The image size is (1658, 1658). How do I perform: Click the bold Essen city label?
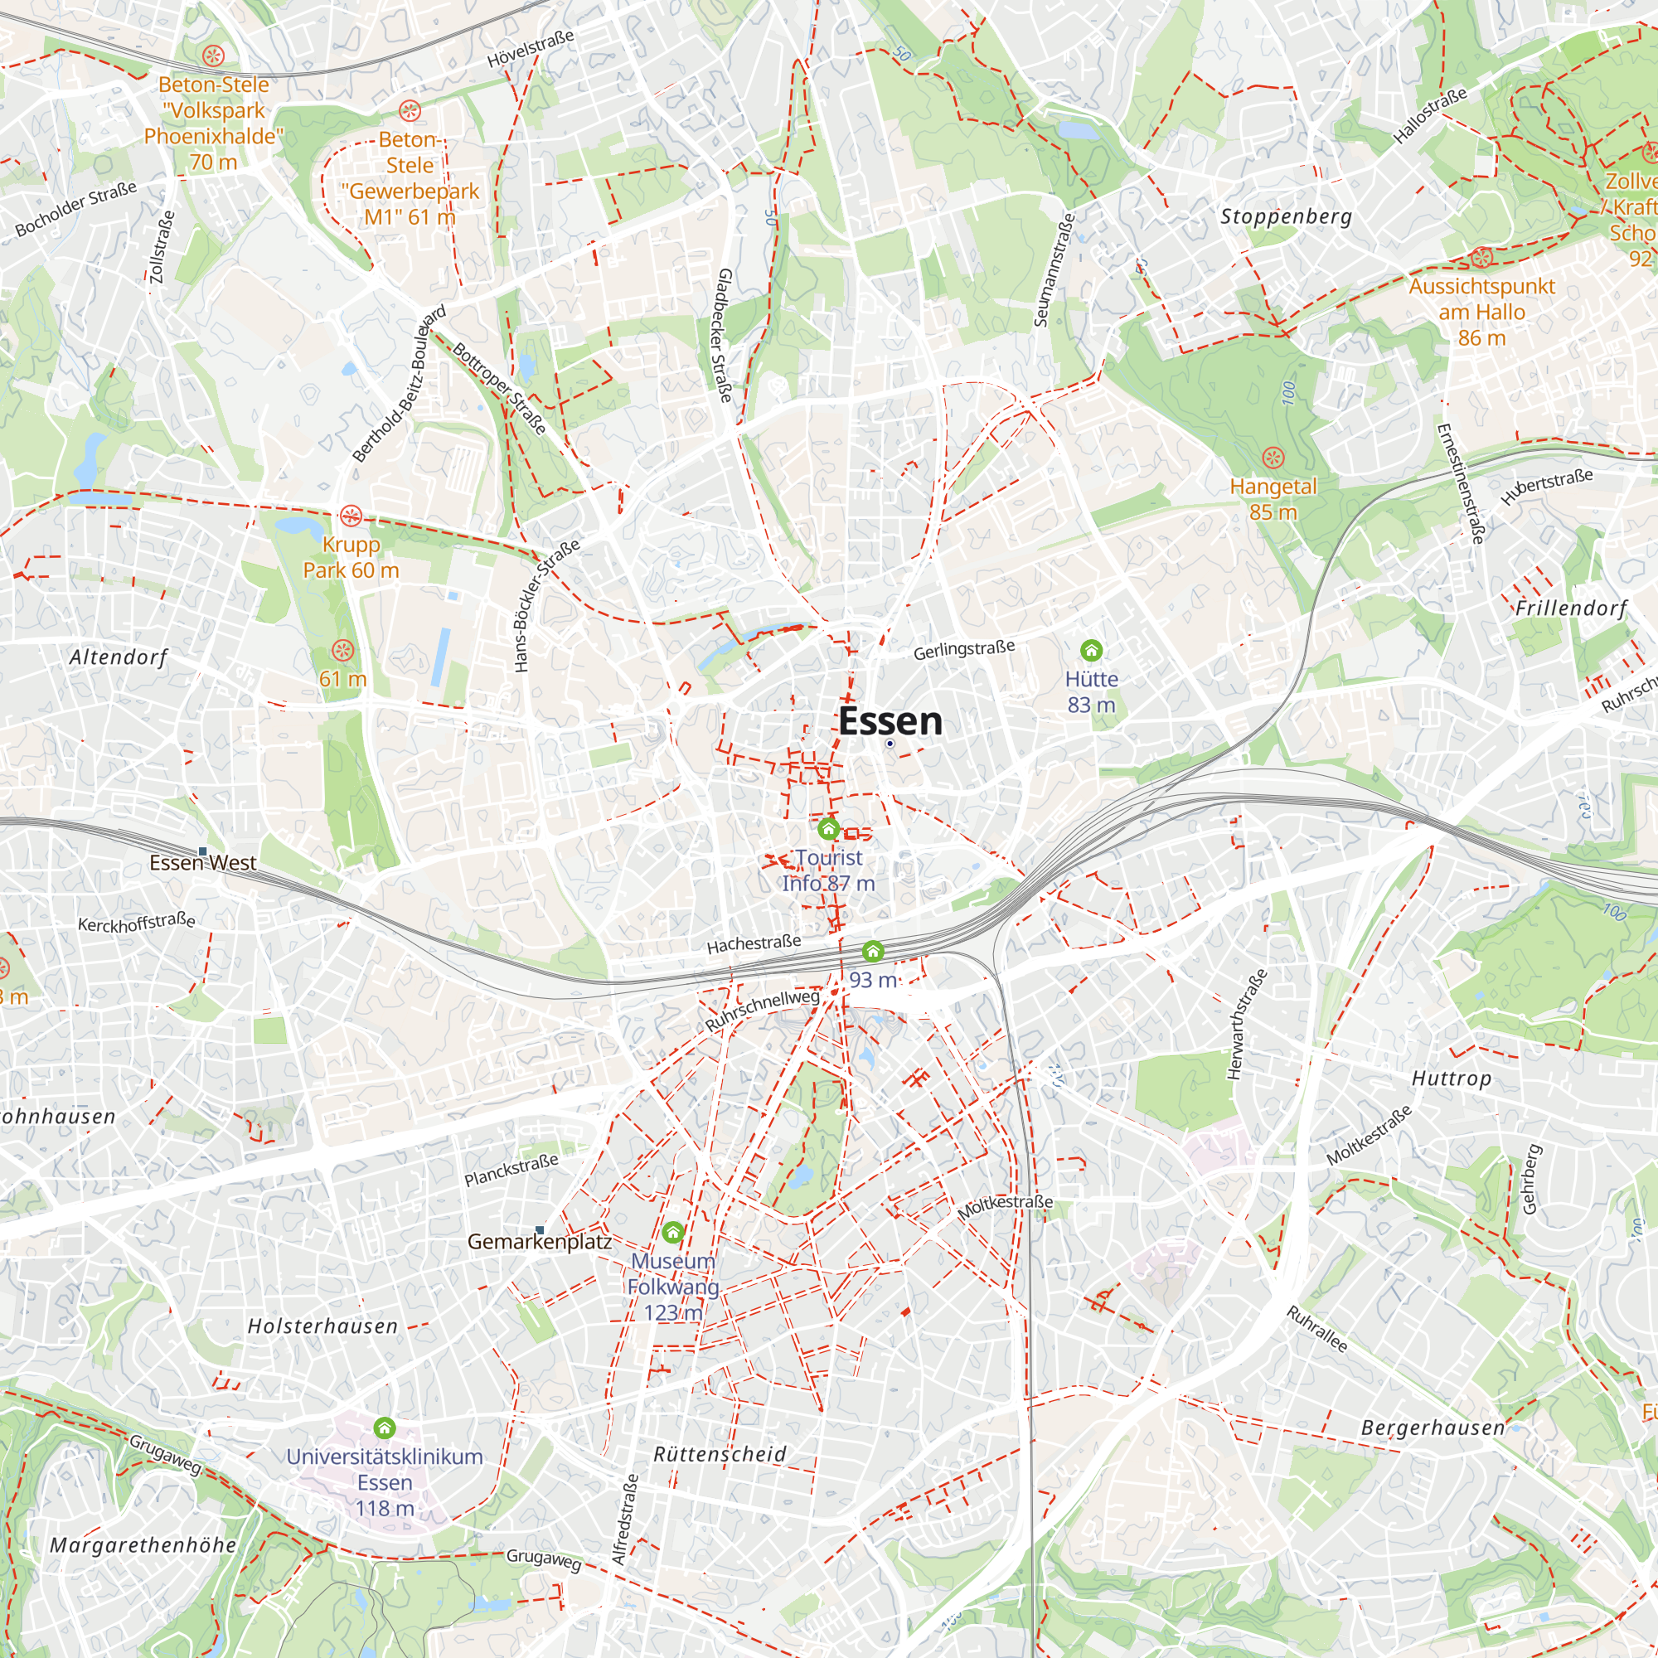pyautogui.click(x=890, y=721)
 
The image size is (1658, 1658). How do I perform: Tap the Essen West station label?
pyautogui.click(x=202, y=862)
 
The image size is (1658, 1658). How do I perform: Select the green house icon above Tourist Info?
pyautogui.click(x=828, y=829)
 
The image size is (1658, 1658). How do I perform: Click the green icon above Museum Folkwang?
pyautogui.click(x=673, y=1234)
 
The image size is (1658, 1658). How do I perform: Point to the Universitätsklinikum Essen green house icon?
pyautogui.click(x=385, y=1428)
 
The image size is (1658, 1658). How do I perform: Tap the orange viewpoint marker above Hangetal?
pyautogui.click(x=1273, y=458)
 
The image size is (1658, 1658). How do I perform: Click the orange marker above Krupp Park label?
pyautogui.click(x=350, y=516)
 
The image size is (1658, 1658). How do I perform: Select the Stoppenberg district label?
pyautogui.click(x=1286, y=217)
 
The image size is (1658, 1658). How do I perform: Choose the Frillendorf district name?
pyautogui.click(x=1570, y=608)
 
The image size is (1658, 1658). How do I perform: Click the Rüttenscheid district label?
pyautogui.click(x=719, y=1454)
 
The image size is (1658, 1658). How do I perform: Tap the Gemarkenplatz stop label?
pyautogui.click(x=539, y=1242)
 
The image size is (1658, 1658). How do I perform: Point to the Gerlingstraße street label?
pyautogui.click(x=964, y=650)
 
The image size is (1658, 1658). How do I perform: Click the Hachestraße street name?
pyautogui.click(x=754, y=944)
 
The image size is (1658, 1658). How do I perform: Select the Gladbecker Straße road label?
pyautogui.click(x=725, y=335)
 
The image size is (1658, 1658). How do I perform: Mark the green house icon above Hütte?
pyautogui.click(x=1091, y=650)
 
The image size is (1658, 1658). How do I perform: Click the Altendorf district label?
pyautogui.click(x=119, y=657)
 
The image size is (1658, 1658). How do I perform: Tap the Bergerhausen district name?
pyautogui.click(x=1433, y=1428)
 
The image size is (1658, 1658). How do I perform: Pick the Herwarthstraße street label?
pyautogui.click(x=1247, y=1024)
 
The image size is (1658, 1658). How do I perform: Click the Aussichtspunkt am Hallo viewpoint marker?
pyautogui.click(x=1481, y=258)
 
